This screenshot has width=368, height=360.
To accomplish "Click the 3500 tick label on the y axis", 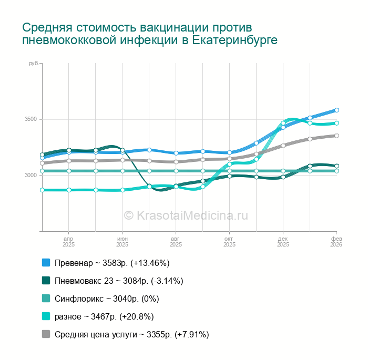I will tap(30, 119).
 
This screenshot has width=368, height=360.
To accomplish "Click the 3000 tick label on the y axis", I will tap(30, 175).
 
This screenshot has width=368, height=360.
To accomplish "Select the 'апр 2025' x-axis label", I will tap(68, 241).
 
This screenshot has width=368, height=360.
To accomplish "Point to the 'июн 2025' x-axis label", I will tap(122, 241).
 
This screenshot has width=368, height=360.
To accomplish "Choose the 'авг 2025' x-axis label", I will tap(176, 241).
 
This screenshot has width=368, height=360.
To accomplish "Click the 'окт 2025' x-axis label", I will tap(229, 241).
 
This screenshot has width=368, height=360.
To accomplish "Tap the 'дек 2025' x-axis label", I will tap(283, 241).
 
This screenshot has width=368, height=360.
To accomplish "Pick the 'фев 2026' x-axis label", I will tap(336, 241).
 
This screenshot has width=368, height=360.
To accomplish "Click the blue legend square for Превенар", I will tap(46, 263).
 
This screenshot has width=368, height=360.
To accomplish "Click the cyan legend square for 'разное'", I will tap(46, 316).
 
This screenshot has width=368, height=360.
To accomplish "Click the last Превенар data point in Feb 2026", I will tap(336, 110).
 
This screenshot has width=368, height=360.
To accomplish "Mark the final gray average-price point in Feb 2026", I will tap(336, 136).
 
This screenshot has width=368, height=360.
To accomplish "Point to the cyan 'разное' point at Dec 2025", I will tap(283, 123).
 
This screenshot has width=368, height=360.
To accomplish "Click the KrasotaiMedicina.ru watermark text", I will tap(186, 215).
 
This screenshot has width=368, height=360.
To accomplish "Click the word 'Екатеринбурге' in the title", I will tap(232, 40).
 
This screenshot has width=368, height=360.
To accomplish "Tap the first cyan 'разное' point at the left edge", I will tap(42, 190).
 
